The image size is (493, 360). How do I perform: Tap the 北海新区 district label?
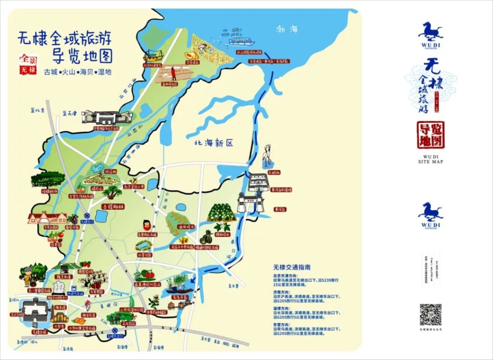pos(213,143)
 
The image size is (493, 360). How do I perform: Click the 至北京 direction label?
pos(37,111)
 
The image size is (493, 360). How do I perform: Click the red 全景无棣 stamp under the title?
pos(27,64)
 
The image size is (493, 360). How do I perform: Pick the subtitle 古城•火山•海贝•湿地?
pos(78,72)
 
